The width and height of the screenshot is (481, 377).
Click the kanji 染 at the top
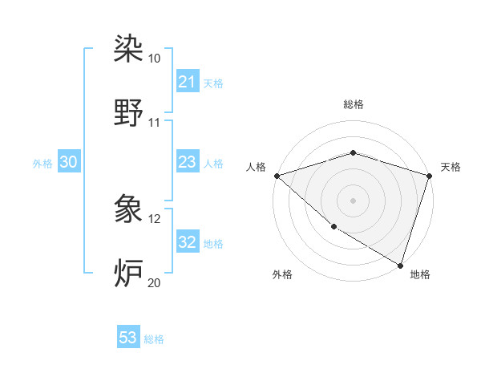128,50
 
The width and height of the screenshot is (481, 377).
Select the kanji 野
128,113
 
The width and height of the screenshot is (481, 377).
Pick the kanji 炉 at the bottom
128,273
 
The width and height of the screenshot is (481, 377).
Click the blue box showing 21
187,82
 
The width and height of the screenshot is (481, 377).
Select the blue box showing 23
187,163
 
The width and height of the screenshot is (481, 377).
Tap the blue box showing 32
187,242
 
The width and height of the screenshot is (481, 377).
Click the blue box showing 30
68,162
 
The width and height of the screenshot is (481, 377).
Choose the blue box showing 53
128,338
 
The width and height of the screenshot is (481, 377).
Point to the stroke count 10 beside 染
155,59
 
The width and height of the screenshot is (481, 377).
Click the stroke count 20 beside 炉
155,282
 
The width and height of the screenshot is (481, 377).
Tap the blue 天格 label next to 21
213,83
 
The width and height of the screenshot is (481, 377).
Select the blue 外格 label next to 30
42,163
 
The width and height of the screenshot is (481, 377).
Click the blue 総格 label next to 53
154,338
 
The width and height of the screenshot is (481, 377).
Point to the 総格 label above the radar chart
353,104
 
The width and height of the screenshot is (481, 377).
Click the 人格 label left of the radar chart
256,167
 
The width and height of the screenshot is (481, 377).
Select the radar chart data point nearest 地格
400,265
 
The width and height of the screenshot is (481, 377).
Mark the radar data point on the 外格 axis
333,227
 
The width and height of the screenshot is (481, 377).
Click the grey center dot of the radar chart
353,200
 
